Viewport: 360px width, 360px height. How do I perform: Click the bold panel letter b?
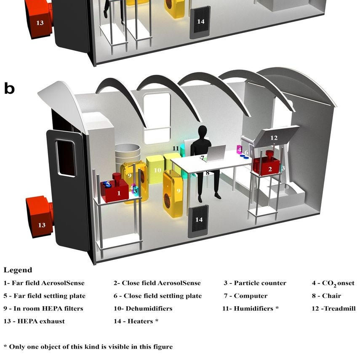(9, 88)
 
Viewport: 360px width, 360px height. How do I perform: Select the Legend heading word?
(18, 270)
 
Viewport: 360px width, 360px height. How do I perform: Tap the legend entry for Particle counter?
(255, 283)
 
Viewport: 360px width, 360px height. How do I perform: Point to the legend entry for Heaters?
(136, 321)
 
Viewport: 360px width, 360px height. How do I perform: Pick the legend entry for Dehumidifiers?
(143, 308)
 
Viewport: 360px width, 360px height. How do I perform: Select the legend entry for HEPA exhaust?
(34, 321)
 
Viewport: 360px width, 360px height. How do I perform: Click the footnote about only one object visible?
(88, 347)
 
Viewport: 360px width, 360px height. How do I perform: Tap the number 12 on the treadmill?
(274, 138)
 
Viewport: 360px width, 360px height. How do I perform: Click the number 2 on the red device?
(270, 169)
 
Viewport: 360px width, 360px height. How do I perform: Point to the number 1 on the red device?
(118, 193)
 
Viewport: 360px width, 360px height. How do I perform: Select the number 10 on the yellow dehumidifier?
(157, 170)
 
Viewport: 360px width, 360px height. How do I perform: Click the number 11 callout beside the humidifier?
(176, 148)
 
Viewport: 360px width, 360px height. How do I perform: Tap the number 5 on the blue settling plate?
(108, 184)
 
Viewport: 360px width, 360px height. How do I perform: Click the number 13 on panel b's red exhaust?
(42, 225)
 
